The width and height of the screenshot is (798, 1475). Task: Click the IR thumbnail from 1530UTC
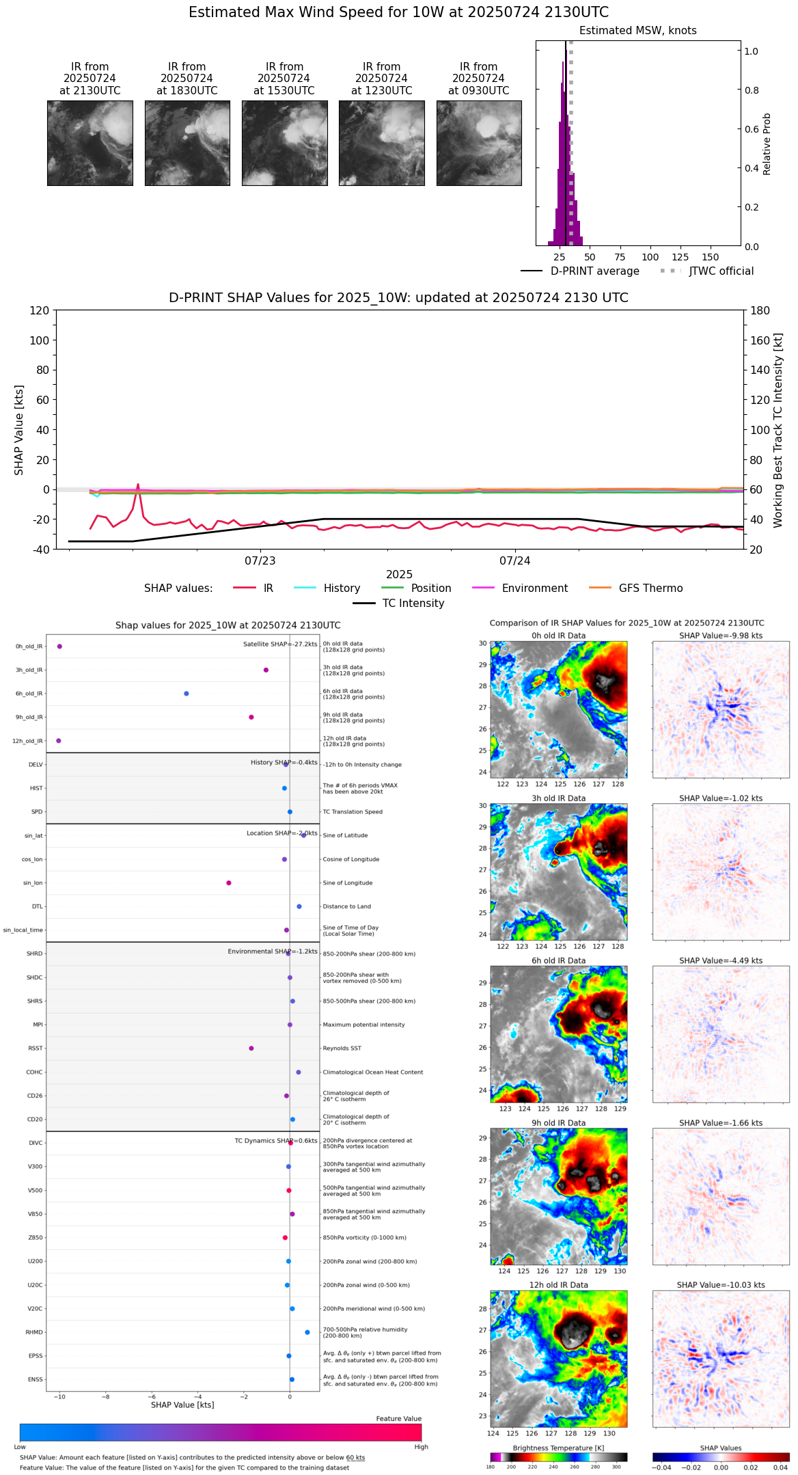284,143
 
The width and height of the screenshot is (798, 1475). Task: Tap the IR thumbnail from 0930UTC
479,143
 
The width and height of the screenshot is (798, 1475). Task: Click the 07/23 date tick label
260,561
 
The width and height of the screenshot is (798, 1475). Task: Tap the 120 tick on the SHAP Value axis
40,310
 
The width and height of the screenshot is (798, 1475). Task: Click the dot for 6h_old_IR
187,694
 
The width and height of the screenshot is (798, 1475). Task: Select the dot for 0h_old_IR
59,647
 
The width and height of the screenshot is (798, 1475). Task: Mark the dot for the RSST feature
251,1048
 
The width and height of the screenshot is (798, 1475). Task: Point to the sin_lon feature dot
229,883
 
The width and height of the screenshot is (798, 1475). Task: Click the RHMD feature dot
307,1332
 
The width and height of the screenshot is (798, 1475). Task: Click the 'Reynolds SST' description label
342,1048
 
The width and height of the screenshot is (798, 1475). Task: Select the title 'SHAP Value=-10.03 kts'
721,1285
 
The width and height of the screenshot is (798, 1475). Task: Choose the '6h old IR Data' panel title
558,960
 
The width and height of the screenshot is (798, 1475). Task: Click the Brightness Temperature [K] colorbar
558,1457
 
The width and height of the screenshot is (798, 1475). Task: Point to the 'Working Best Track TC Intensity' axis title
778,431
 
